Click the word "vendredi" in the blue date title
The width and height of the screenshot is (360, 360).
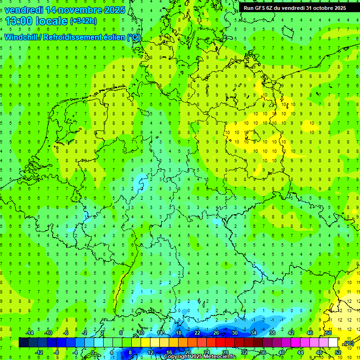22,10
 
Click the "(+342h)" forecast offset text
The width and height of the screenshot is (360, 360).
83,21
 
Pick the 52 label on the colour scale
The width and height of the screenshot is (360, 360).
338,352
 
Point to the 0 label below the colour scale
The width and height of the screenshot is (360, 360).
93,352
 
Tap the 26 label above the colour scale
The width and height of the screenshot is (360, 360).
216,333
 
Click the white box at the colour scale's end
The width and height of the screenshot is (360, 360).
333,343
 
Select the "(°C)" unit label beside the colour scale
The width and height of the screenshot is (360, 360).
348,344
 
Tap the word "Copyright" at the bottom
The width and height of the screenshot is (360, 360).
177,357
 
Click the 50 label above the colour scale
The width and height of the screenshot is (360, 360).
329,333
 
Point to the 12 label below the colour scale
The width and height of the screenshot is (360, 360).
150,352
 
